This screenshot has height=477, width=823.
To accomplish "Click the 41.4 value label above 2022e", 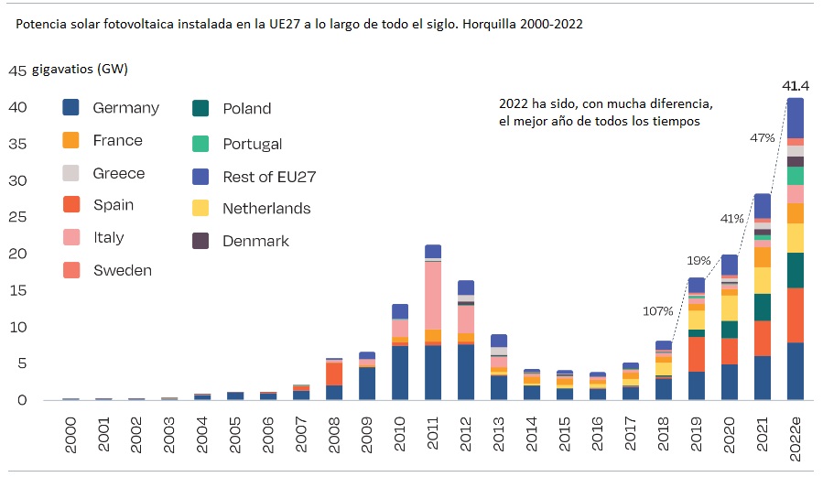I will pos(796,85).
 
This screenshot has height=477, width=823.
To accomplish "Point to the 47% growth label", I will pos(763,138).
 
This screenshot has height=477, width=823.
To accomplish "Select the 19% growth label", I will pos(699,261).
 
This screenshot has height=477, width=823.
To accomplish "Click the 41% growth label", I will pos(732,219).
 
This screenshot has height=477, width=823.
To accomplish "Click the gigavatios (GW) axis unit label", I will pos(80,70).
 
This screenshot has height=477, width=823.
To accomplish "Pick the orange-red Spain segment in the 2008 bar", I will pos(334,374).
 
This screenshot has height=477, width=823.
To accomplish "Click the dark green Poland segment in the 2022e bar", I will pos(796,270).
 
